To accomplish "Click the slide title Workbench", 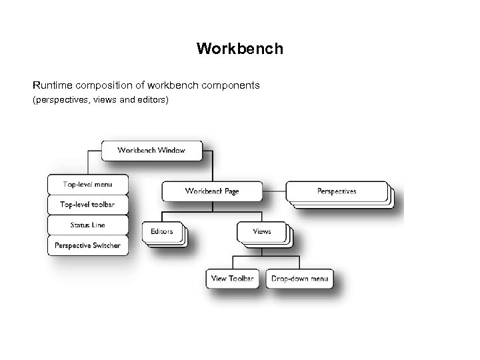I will click(240, 49).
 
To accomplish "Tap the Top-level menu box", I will click(87, 184).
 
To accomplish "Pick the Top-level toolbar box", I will click(87, 204).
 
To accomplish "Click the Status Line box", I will click(87, 225).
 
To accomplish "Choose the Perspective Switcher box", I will click(87, 245).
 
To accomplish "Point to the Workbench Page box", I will click(212, 191).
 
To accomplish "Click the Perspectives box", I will click(336, 191).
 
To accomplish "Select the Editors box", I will click(161, 232).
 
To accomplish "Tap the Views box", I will click(261, 232).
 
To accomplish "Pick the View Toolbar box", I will click(232, 278).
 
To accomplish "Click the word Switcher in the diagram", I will click(106, 245).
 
